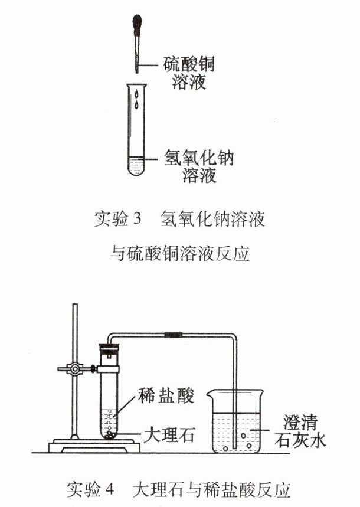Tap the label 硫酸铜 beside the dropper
[x=189, y=64]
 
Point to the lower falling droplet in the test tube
[x=137, y=104]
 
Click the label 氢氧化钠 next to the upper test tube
[x=199, y=158]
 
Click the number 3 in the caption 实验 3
[x=137, y=218]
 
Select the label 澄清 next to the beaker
[x=300, y=421]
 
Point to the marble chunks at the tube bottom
[x=110, y=434]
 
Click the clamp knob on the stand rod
[x=75, y=368]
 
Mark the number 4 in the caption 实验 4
[x=110, y=489]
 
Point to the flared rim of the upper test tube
[x=137, y=85]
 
